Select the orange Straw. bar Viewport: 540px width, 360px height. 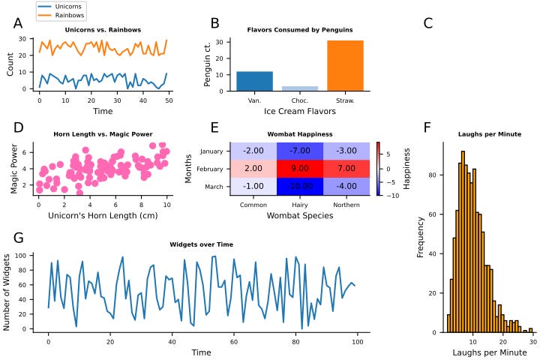pyautogui.click(x=345, y=65)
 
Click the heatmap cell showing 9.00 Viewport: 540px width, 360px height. pyautogui.click(x=300, y=169)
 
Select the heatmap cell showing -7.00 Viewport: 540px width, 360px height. pyautogui.click(x=300, y=151)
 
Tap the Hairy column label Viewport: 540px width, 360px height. pyautogui.click(x=300, y=204)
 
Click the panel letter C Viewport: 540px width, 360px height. pyautogui.click(x=428, y=23)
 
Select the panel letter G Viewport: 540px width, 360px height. pyautogui.click(x=19, y=238)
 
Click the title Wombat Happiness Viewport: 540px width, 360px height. pyautogui.click(x=300, y=135)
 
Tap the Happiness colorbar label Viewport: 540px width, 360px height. pyautogui.click(x=406, y=169)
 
